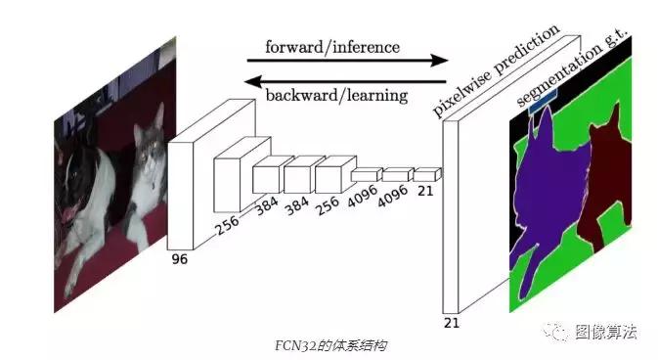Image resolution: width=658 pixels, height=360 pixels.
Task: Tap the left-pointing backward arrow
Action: point(343,79)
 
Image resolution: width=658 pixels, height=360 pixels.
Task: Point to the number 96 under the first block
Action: point(179,259)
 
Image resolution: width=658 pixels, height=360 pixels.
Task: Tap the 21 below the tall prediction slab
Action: point(452,321)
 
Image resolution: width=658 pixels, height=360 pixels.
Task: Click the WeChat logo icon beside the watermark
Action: point(560,332)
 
